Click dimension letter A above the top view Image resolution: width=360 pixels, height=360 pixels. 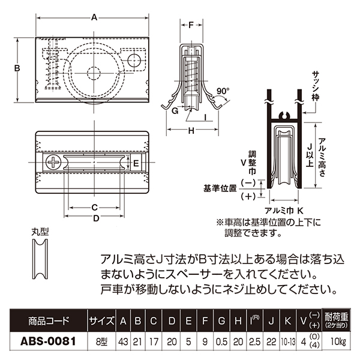(94, 17)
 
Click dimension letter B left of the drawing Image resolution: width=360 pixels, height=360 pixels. (18, 68)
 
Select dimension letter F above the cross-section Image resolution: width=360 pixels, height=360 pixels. (191, 25)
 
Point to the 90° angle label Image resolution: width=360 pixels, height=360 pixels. (223, 91)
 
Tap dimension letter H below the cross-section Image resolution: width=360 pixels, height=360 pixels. (191, 131)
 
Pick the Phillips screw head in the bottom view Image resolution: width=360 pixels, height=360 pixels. (53, 161)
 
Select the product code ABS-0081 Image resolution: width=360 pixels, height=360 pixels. (47, 341)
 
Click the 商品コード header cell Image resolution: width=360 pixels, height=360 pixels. (47, 320)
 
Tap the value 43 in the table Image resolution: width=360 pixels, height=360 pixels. (124, 341)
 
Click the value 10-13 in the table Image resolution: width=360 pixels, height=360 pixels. (288, 341)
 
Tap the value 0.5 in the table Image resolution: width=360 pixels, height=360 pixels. (220, 341)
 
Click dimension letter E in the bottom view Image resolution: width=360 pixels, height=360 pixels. (136, 163)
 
